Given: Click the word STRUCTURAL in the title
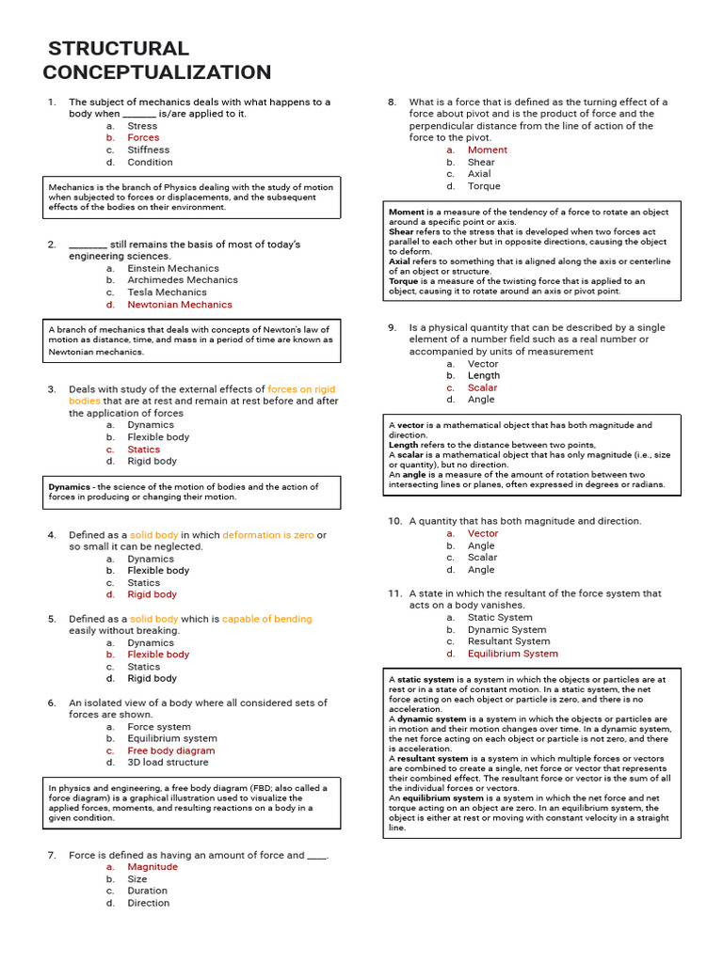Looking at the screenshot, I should [x=118, y=49].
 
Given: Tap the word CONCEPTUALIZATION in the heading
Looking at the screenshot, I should [x=157, y=72].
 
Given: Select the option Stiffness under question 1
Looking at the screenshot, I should [x=149, y=150].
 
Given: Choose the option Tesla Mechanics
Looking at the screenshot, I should [x=167, y=292].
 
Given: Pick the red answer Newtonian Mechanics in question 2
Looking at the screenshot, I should [x=179, y=305].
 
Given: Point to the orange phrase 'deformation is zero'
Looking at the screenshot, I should [x=268, y=535].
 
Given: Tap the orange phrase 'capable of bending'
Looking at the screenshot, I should [x=266, y=619].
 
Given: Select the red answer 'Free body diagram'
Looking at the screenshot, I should [x=170, y=750].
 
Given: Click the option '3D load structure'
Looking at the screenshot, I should [x=168, y=763].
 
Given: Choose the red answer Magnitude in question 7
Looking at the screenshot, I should [x=153, y=867].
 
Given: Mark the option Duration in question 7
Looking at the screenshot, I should [x=147, y=891].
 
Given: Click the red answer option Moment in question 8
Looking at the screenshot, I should [x=487, y=150].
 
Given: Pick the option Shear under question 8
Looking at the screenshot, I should [x=481, y=162].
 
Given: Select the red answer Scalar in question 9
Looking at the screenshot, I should [x=482, y=387].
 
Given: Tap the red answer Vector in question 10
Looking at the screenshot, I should [x=483, y=533].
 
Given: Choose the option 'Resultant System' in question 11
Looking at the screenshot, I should [x=508, y=641].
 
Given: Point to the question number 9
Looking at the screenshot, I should [x=392, y=328].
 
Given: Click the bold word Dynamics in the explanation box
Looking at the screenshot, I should [x=69, y=487].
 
